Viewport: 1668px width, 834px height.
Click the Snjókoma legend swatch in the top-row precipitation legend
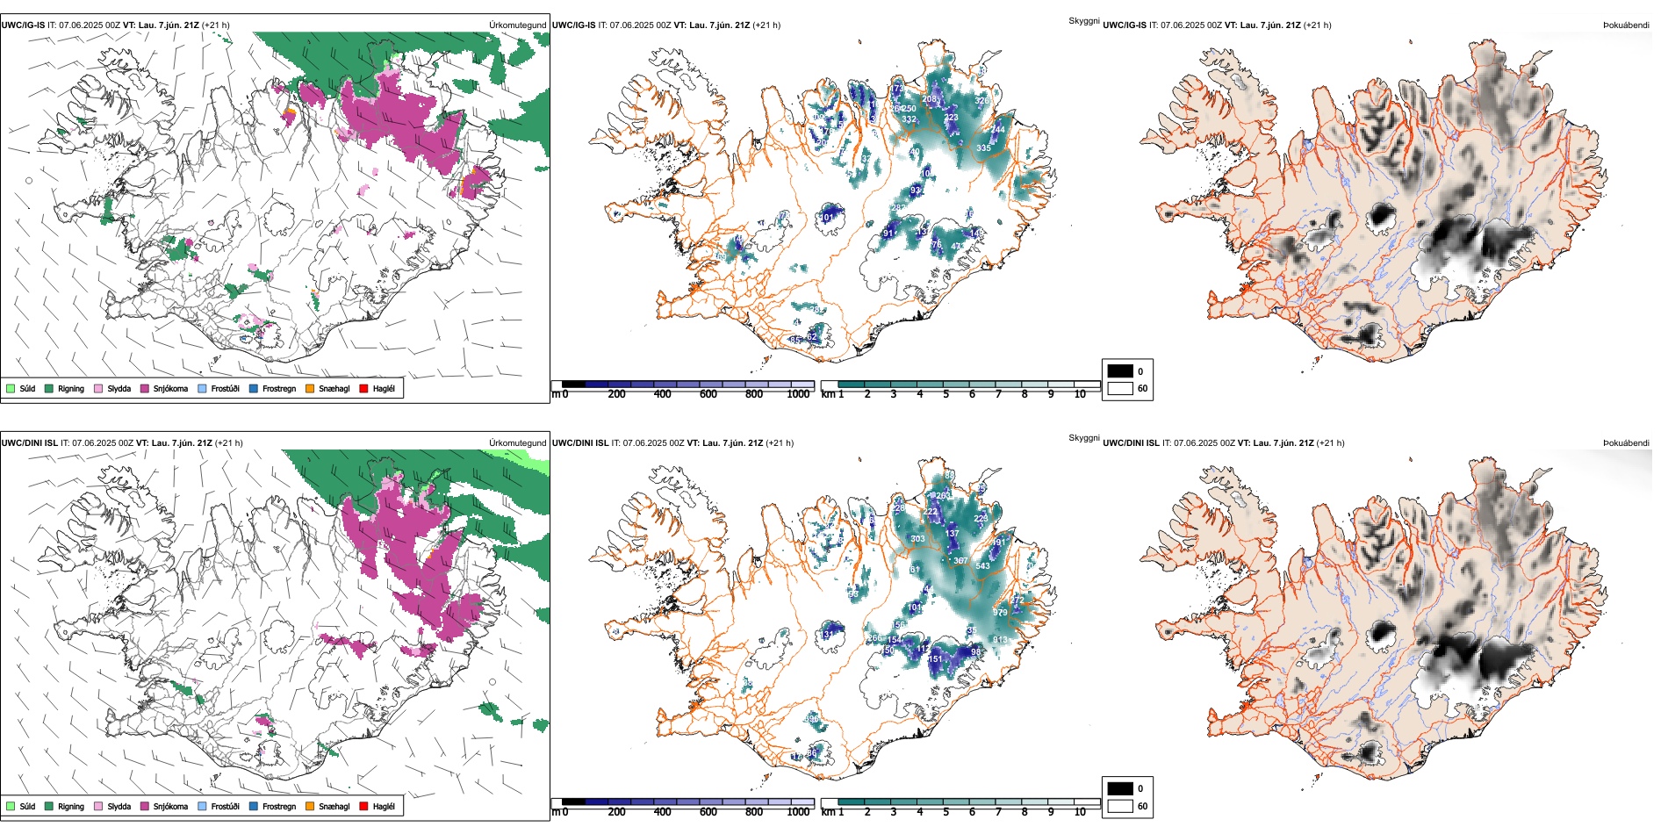[145, 388]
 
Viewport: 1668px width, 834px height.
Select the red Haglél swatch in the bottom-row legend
[363, 806]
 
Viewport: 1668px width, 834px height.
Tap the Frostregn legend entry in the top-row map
[254, 388]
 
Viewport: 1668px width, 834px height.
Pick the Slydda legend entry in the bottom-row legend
[98, 806]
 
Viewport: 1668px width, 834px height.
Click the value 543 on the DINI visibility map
[982, 565]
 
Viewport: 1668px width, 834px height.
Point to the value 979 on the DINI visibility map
[1000, 612]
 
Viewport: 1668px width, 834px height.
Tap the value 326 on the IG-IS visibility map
[981, 101]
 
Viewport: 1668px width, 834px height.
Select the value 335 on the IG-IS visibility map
[983, 148]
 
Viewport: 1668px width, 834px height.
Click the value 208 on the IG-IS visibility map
[929, 99]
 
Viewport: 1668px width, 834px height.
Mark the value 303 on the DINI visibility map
[917, 539]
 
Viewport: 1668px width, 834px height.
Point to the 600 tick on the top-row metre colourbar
[708, 394]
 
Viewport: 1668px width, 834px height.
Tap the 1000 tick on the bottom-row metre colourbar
[798, 812]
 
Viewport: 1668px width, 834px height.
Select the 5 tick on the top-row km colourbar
[946, 394]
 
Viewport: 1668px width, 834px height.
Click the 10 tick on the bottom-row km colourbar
[1080, 812]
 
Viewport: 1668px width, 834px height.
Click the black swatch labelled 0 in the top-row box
[1120, 371]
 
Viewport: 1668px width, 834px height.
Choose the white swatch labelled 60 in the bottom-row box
[1120, 806]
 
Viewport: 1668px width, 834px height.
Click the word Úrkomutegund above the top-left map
[517, 25]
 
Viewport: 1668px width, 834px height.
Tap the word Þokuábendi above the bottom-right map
[1626, 443]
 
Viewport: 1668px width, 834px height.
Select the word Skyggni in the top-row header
[1084, 21]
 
